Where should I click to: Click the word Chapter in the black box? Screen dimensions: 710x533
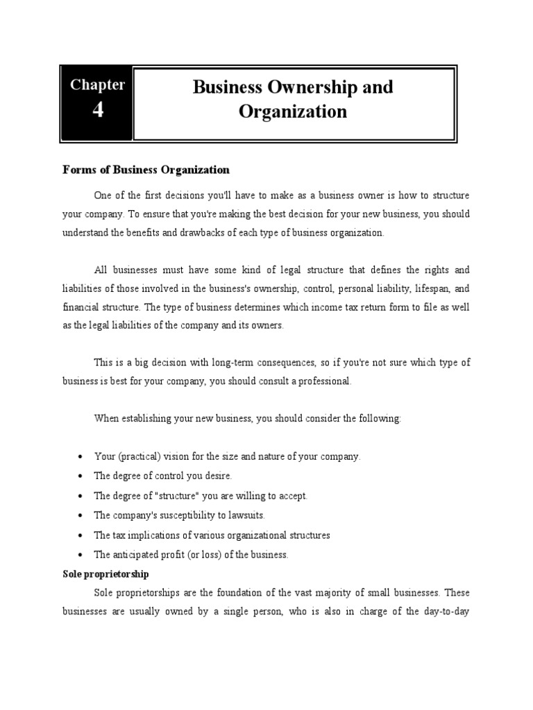click(97, 85)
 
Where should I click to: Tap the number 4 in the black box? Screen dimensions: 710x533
click(97, 110)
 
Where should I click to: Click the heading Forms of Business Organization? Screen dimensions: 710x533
click(146, 170)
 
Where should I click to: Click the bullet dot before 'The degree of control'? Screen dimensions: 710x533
click(81, 476)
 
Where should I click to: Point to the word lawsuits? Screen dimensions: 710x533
click(246, 516)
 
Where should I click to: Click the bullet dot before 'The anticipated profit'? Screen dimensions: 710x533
click(81, 555)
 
